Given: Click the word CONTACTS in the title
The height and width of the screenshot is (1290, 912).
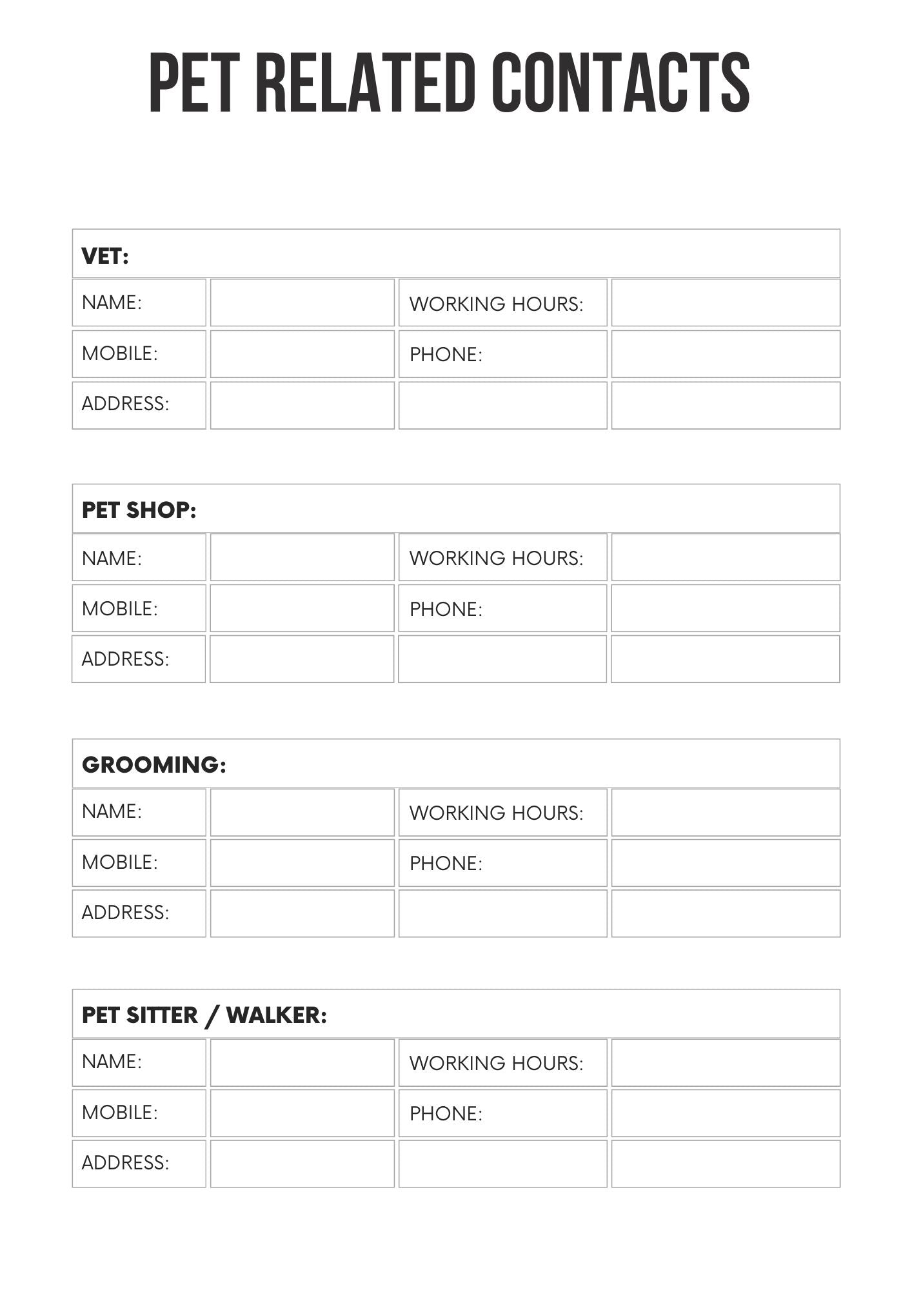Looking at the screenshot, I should click(x=620, y=83).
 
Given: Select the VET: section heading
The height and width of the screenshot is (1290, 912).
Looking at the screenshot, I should click(x=105, y=256).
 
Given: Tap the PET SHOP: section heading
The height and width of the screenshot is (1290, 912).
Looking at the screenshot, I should click(x=139, y=510).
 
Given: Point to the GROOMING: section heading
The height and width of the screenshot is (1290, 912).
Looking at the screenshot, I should click(x=154, y=764).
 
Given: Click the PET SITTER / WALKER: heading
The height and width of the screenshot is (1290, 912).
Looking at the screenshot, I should click(x=204, y=1015).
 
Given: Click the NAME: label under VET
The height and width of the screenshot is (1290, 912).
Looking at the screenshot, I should click(x=112, y=302).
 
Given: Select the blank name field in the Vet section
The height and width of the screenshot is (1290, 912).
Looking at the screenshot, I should click(x=302, y=303).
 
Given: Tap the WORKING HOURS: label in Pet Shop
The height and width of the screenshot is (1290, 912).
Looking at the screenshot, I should click(x=496, y=558).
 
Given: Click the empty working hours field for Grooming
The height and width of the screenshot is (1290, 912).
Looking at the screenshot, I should click(x=726, y=812).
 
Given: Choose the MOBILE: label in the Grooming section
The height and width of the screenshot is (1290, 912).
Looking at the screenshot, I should click(x=119, y=862).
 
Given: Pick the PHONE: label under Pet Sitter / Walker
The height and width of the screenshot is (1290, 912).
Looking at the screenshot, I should click(x=446, y=1113).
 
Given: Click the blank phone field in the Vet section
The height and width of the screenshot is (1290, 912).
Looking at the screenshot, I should click(x=726, y=354).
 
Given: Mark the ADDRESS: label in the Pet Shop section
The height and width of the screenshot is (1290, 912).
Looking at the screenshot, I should click(x=125, y=659).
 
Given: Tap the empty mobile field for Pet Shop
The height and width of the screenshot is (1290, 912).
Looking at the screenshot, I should click(x=302, y=608).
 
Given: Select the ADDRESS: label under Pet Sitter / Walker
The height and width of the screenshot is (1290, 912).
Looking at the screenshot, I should click(x=125, y=1162).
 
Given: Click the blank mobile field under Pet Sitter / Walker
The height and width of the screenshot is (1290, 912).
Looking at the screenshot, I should click(x=302, y=1113).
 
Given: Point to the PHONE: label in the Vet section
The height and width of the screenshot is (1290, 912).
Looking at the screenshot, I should click(x=446, y=354).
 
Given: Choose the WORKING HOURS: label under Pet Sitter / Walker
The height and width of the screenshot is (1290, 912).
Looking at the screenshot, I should click(x=496, y=1063).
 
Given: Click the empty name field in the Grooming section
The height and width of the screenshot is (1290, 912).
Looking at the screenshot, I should click(x=302, y=812).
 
